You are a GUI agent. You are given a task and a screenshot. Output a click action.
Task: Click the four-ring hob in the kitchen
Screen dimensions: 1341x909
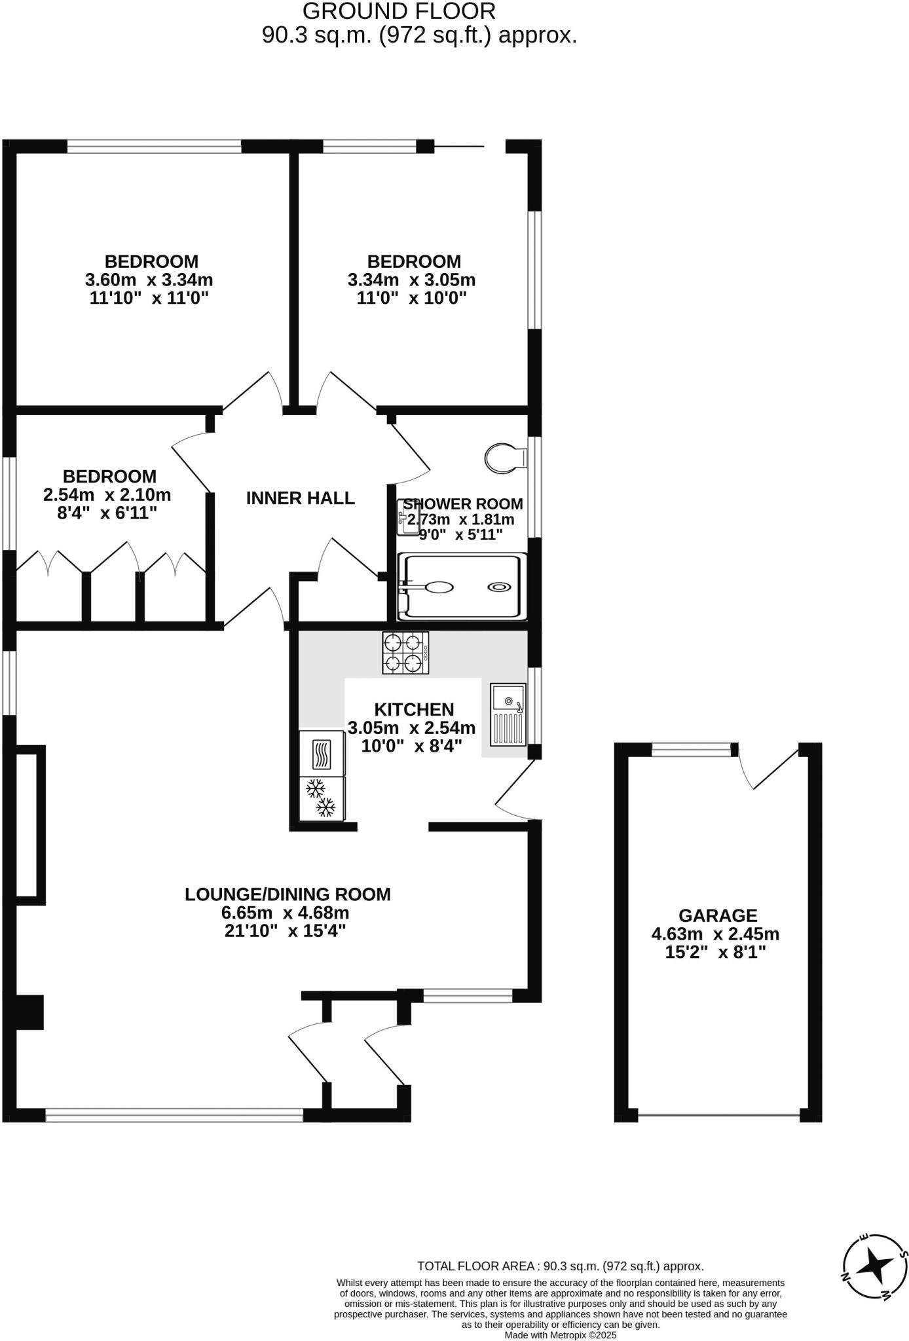(406, 653)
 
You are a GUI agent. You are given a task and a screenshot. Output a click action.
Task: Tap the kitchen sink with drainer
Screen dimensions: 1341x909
(508, 715)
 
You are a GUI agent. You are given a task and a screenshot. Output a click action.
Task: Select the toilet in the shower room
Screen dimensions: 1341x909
(505, 458)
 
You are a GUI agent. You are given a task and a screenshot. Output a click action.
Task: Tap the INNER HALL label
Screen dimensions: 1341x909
(300, 498)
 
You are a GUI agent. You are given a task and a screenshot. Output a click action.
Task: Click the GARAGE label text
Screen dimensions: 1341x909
(717, 915)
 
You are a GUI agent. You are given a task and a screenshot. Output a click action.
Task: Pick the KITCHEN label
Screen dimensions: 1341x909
(414, 709)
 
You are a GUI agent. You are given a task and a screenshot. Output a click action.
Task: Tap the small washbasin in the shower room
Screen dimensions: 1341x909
(407, 517)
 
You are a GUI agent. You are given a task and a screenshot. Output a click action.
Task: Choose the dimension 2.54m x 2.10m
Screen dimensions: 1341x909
(107, 494)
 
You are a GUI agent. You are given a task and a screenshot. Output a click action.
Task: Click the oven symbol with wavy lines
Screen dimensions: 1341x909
(322, 754)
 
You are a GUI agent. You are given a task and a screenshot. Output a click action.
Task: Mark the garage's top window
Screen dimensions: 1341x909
(691, 750)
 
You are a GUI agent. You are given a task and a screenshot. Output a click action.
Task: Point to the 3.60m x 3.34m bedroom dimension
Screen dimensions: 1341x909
(149, 280)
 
